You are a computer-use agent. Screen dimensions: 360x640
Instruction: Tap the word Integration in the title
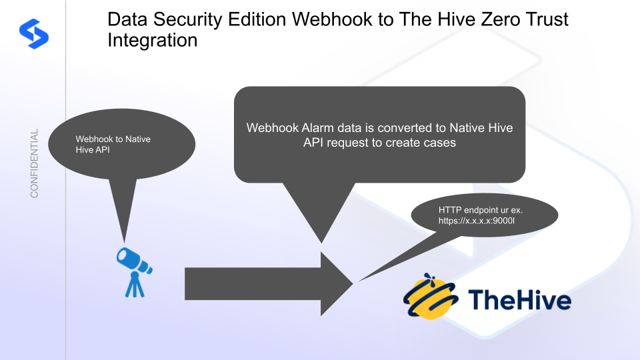[153, 40]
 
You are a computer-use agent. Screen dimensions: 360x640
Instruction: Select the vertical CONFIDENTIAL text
[34, 163]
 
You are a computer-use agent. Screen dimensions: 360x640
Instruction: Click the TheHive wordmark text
[519, 300]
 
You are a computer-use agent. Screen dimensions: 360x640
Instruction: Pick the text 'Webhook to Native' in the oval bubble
[113, 139]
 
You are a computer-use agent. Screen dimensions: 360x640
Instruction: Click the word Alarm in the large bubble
[315, 127]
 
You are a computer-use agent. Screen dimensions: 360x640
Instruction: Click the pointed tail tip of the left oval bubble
[124, 241]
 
